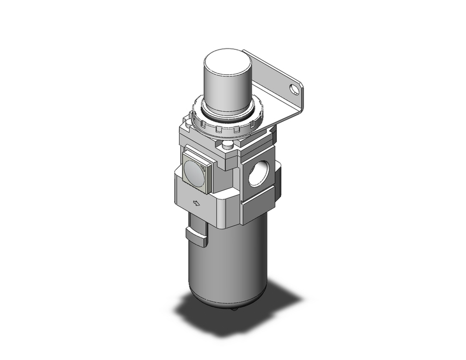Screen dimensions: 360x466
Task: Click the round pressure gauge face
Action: pos(195,169)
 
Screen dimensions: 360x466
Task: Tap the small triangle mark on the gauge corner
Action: pos(208,157)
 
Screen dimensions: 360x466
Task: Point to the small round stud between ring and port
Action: pos(228,145)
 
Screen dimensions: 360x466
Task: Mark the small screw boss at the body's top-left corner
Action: pos(187,124)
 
